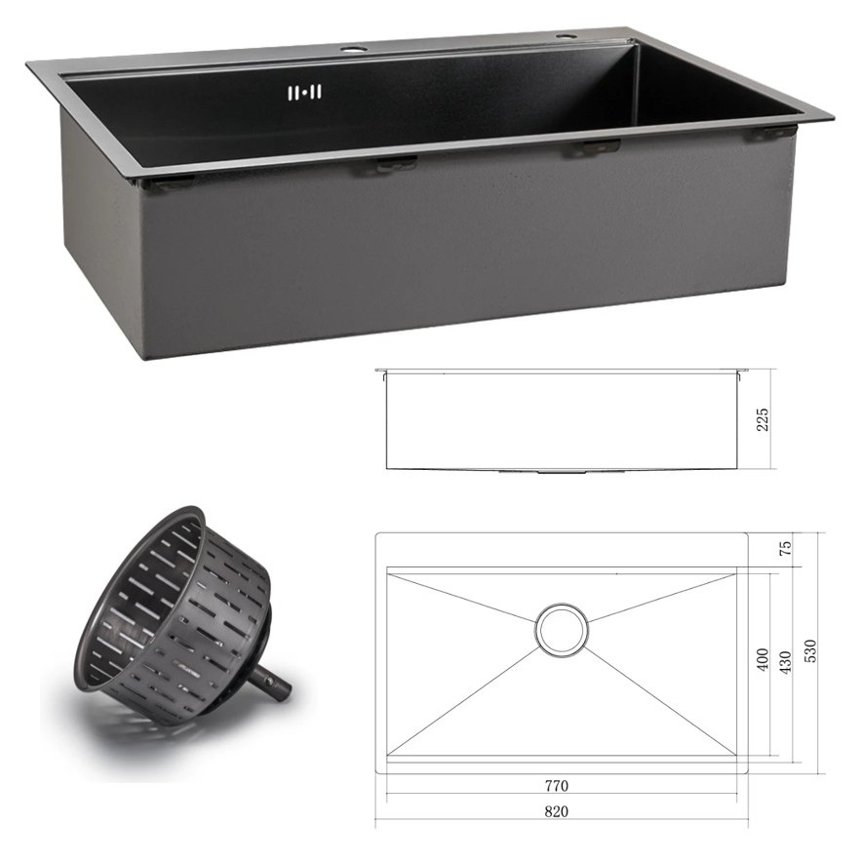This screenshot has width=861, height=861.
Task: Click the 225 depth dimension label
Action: (763, 419)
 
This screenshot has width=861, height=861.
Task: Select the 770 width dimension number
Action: (556, 786)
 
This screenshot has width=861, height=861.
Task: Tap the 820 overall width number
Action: (556, 811)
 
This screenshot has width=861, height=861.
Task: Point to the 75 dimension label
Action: (786, 547)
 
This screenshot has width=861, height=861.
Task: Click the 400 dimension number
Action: (763, 660)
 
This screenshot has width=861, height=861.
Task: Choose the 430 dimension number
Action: (786, 662)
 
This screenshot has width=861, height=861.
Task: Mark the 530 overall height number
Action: (810, 651)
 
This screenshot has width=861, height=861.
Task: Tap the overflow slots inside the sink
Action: (305, 93)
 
